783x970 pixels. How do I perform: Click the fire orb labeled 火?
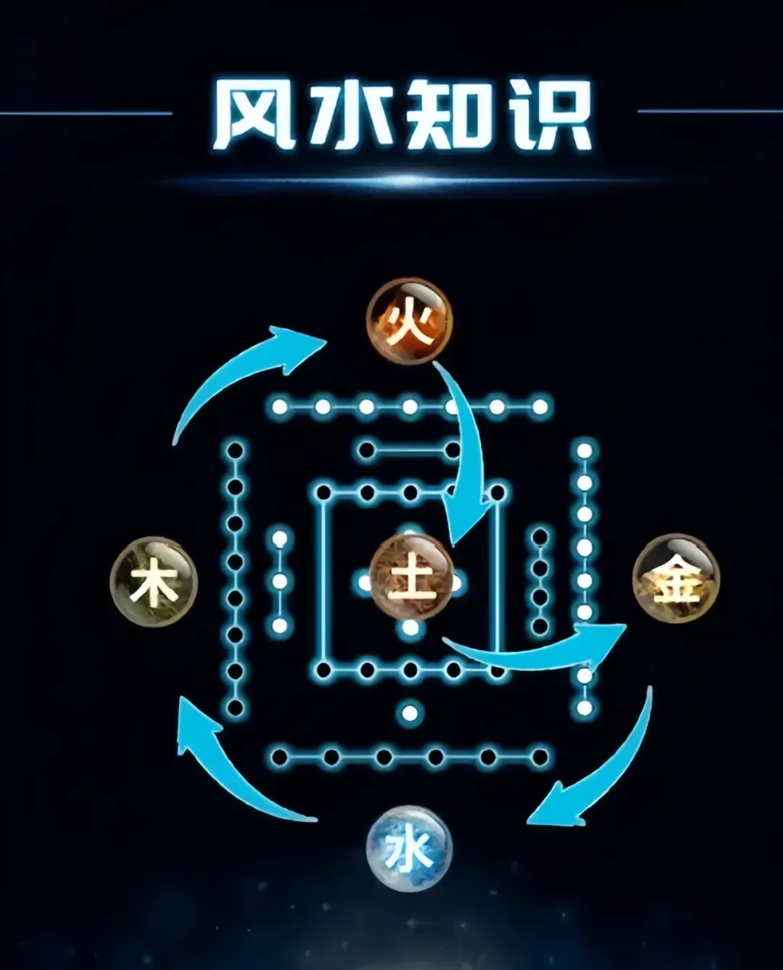pos(409,320)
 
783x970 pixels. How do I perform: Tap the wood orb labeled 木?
pos(154,581)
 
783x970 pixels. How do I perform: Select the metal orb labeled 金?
pos(676,578)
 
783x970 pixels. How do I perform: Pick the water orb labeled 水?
pos(409,848)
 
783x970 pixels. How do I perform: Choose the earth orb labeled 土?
pos(410,578)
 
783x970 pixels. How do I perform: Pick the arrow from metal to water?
pos(602,769)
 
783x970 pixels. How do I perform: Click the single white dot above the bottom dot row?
pos(410,712)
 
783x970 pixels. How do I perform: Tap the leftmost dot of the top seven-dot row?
pos(280,407)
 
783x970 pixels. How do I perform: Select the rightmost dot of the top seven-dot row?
pos(539,407)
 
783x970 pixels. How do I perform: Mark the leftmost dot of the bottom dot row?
pos(280,757)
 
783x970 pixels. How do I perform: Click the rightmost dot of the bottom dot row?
pos(539,757)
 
